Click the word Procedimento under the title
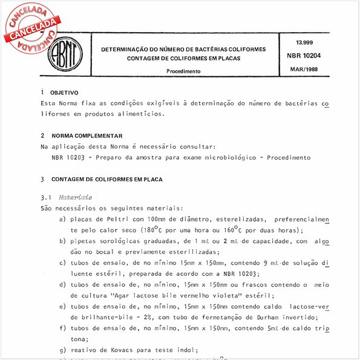click(184, 71)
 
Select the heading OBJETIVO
click(64, 93)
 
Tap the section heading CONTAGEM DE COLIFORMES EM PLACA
click(106, 179)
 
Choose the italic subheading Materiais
click(76, 197)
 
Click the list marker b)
click(63, 241)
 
